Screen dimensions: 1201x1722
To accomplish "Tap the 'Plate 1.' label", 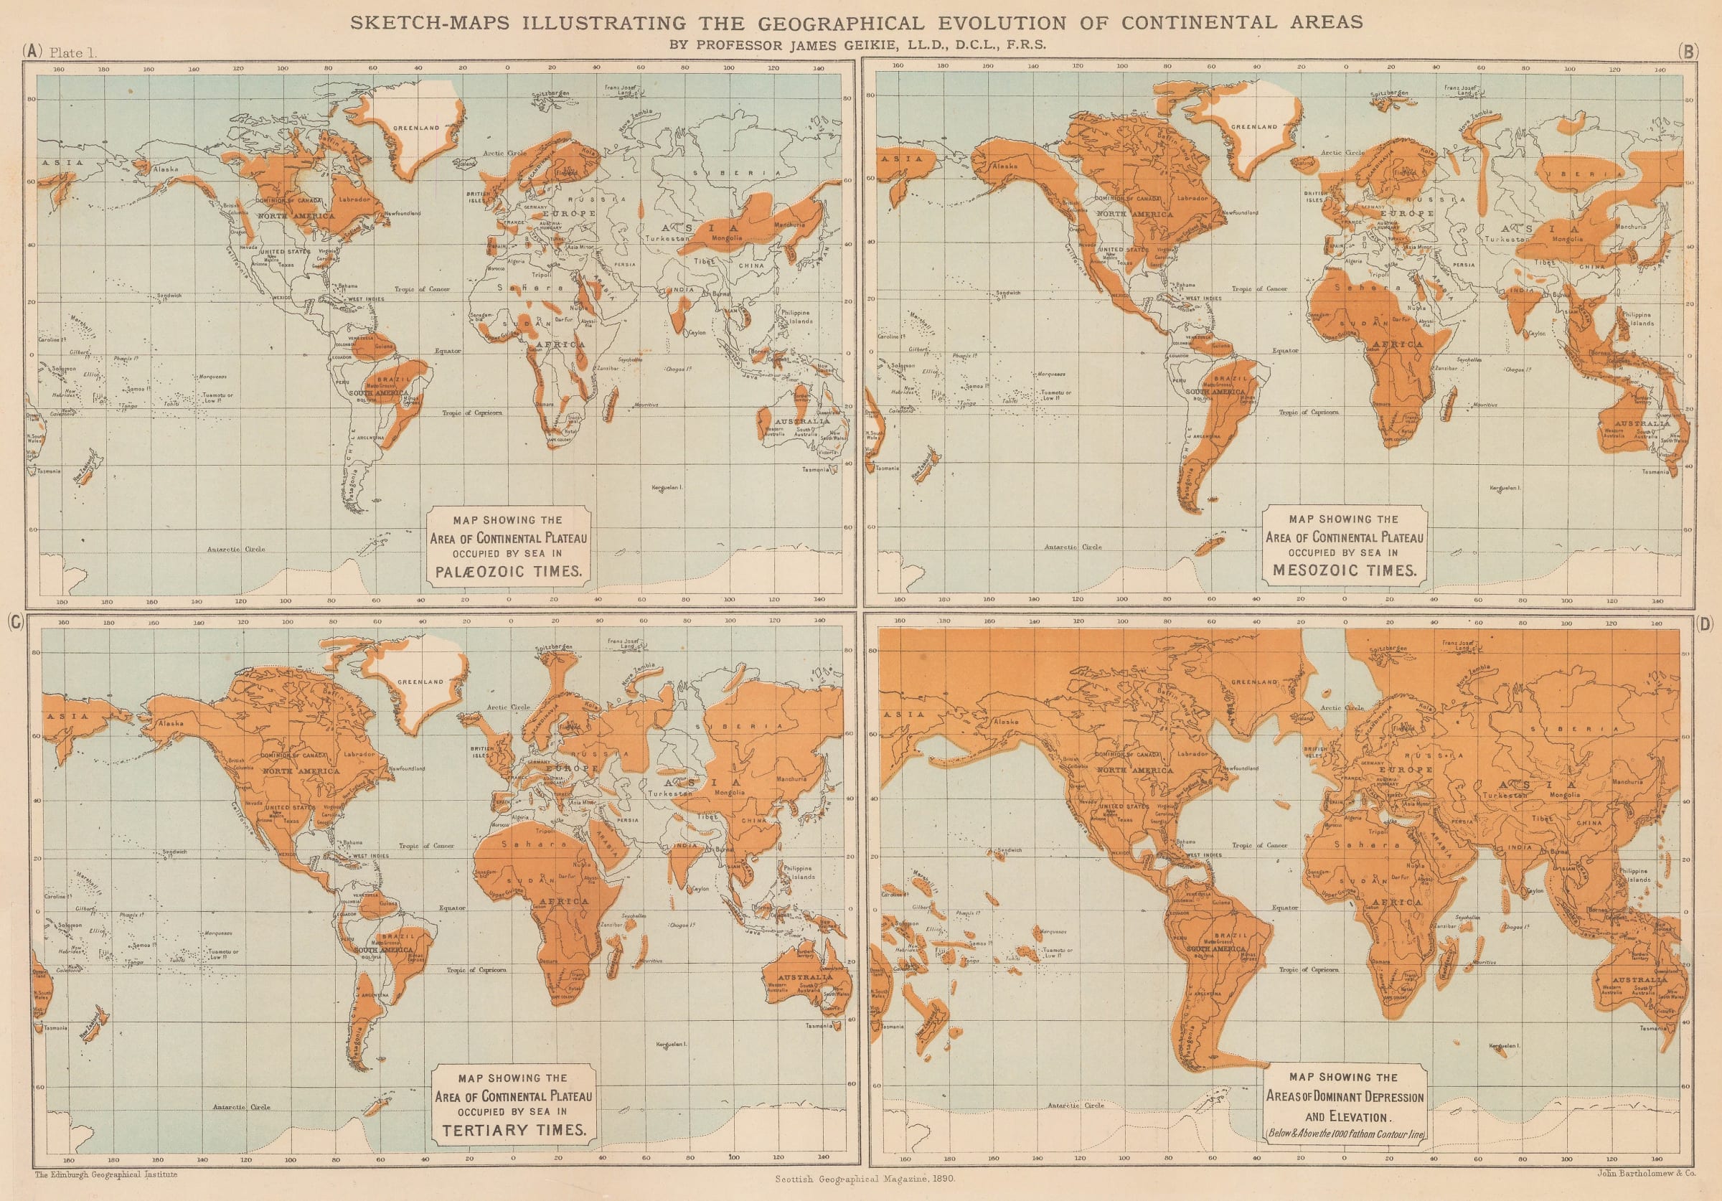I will [x=72, y=52].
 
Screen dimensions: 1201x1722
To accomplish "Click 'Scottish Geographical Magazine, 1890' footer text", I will [x=864, y=1179].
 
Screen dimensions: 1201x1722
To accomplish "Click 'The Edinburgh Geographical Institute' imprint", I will [x=105, y=1174].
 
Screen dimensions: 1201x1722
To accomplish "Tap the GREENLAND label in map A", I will [x=418, y=128].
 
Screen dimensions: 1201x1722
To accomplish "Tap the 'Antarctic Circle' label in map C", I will [x=242, y=1106].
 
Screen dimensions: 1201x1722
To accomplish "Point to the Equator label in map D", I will [x=1285, y=908].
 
